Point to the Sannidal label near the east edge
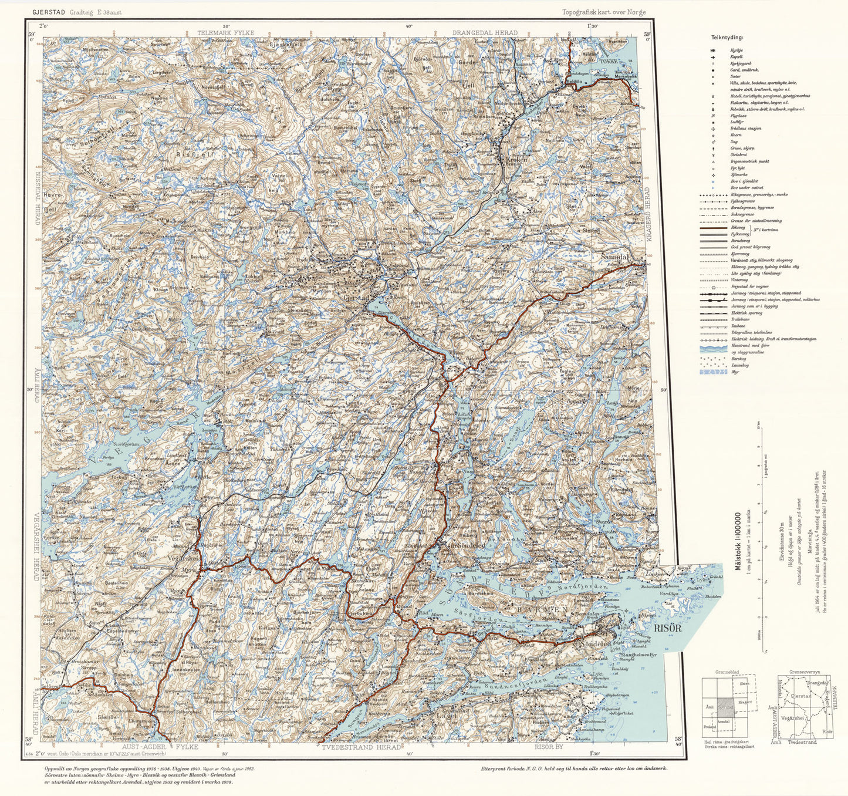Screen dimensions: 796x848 (x=615, y=257)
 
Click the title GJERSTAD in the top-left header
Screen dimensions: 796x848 (x=49, y=12)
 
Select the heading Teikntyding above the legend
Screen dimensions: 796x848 (x=727, y=38)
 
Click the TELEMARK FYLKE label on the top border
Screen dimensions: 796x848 (x=225, y=33)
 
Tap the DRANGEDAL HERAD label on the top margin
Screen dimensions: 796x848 (x=485, y=33)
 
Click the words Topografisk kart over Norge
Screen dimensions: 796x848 (x=604, y=12)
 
